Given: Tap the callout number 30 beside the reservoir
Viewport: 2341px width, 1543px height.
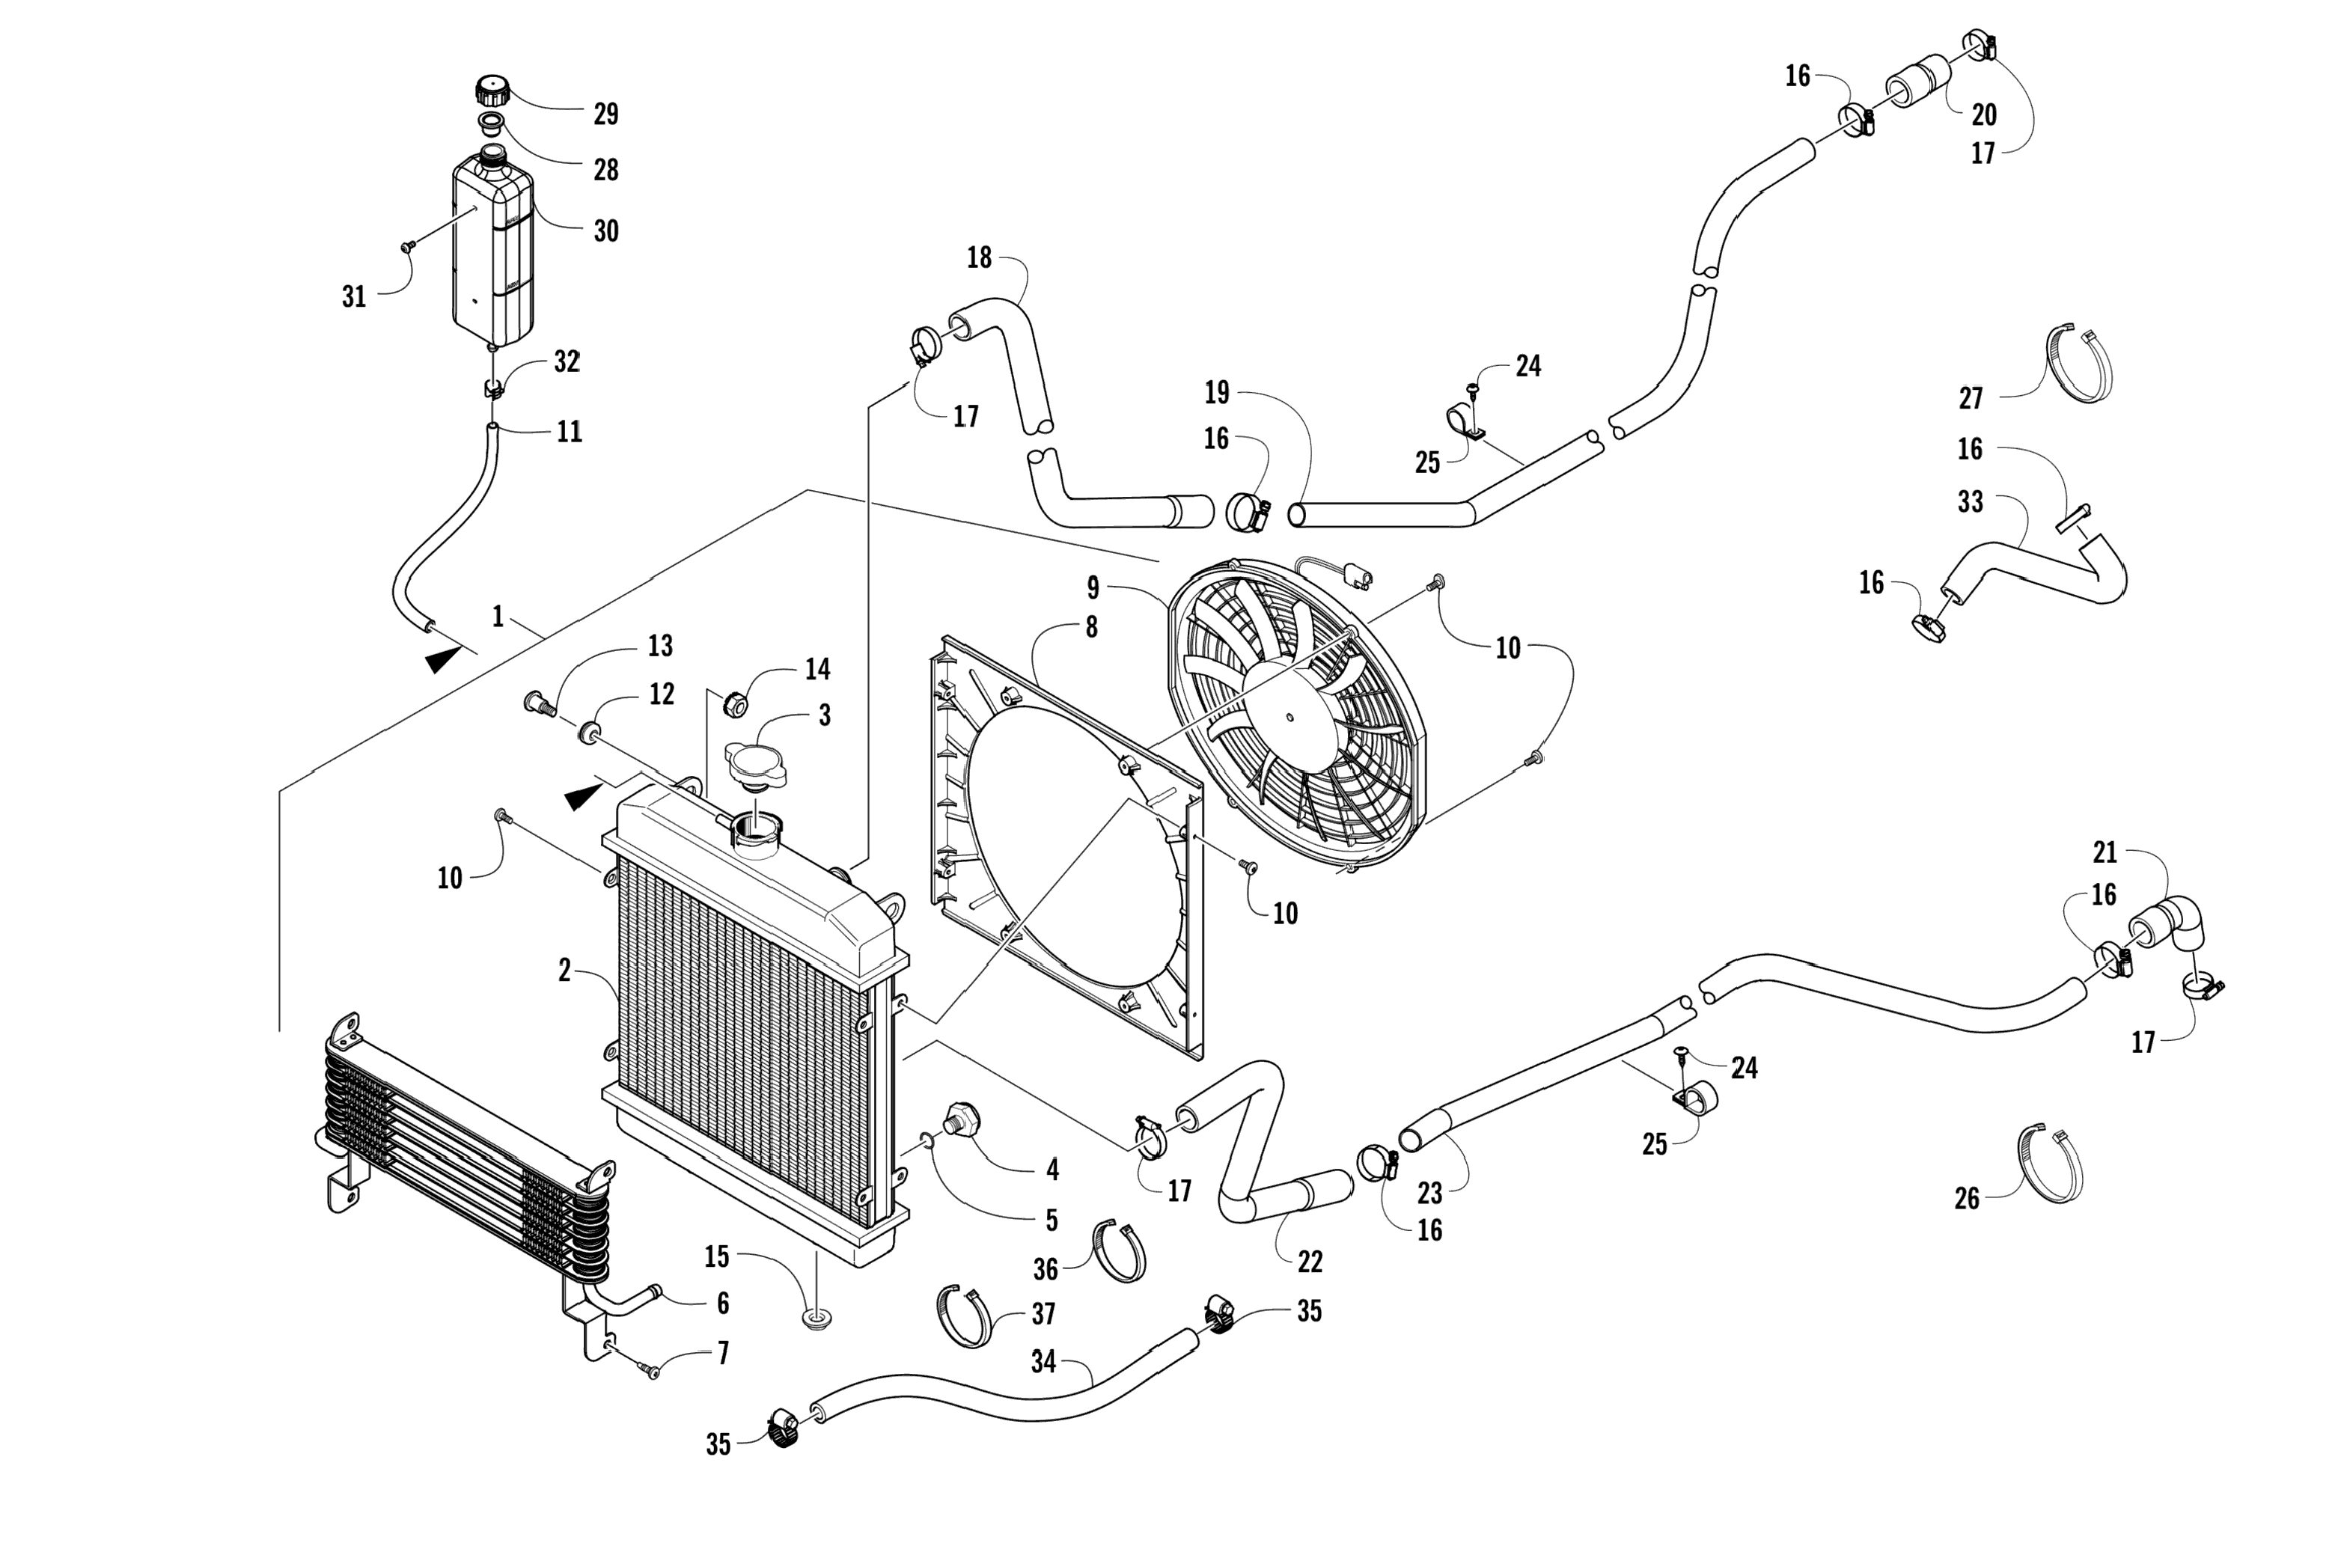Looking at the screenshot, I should point(606,231).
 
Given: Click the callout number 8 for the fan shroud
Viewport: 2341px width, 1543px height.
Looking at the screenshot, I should point(1091,628).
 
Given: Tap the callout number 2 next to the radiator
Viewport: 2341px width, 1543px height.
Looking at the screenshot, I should point(564,971).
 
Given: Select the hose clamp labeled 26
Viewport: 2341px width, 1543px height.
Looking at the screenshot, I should point(2050,1164).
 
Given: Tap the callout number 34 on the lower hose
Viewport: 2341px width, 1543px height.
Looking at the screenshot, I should point(1043,1362).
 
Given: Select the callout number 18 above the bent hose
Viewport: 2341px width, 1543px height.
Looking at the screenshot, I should point(979,258).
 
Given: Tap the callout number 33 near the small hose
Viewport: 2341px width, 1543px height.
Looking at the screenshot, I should point(1970,502).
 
